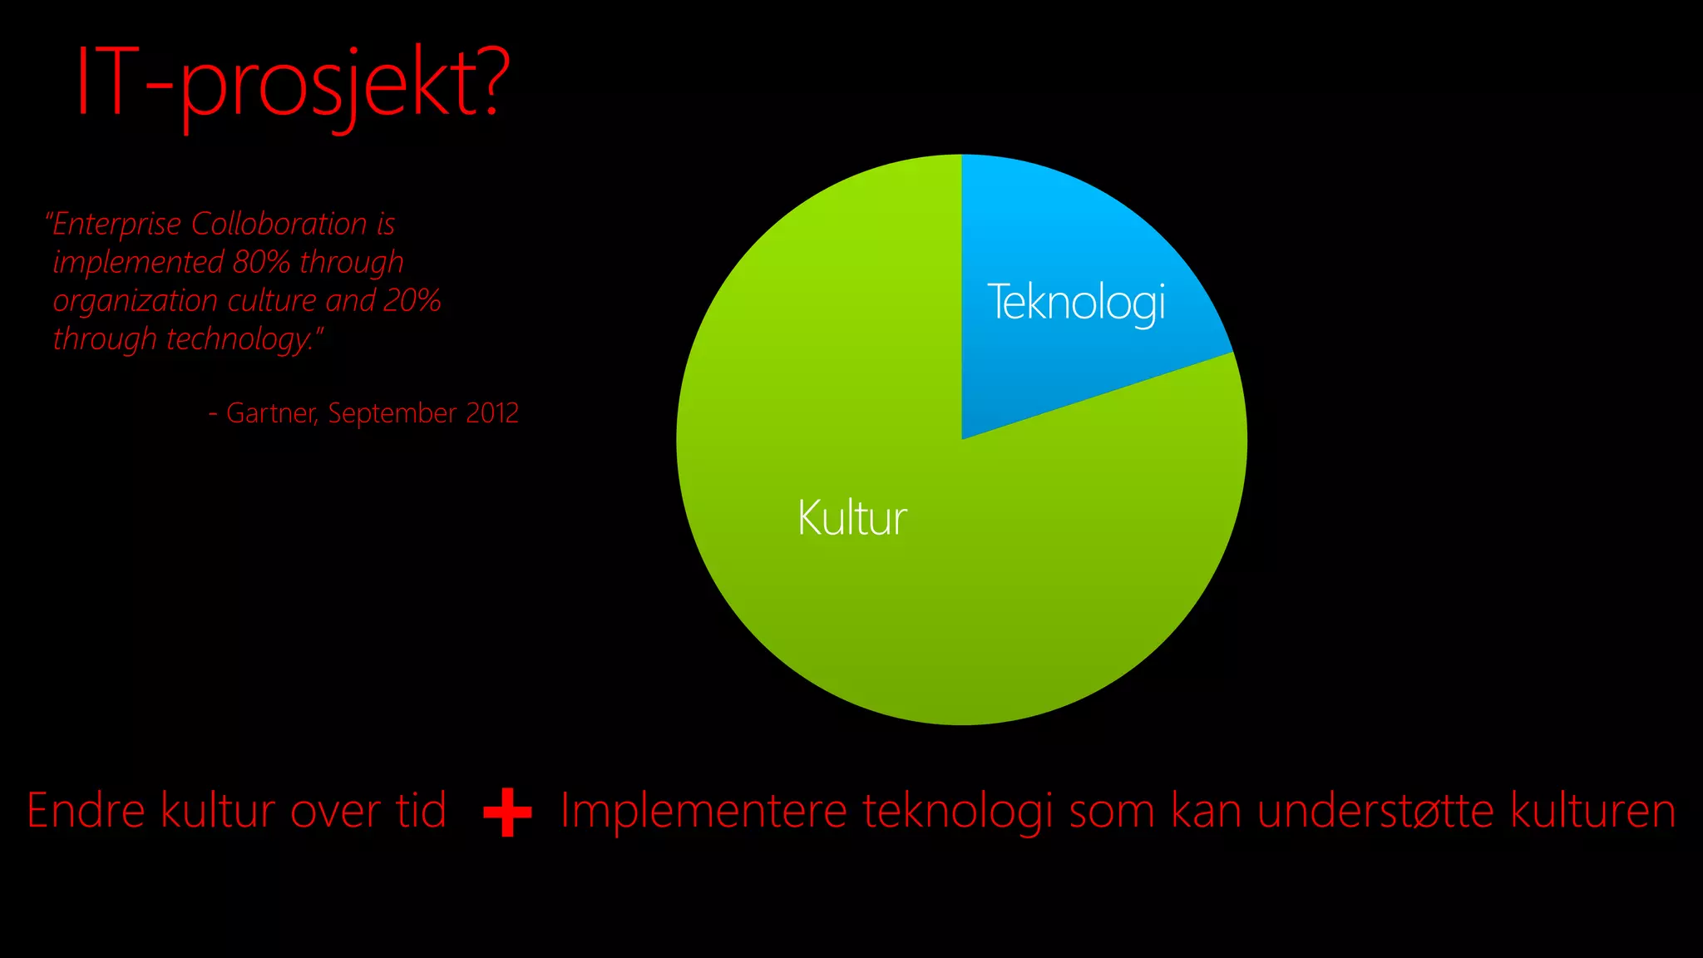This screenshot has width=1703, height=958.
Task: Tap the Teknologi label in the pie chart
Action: point(1076,302)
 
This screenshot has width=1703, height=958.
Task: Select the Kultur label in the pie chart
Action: point(852,518)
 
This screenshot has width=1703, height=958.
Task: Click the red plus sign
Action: point(507,812)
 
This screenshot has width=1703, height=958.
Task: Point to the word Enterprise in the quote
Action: point(116,225)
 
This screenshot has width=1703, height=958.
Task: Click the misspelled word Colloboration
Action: point(279,224)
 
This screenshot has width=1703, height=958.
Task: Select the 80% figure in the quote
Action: point(261,262)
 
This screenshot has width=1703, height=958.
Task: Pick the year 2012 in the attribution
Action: point(492,413)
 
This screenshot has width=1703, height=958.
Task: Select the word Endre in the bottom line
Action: point(86,811)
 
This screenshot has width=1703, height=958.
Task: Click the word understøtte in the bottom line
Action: point(1375,811)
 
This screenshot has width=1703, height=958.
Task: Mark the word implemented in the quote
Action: point(138,263)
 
